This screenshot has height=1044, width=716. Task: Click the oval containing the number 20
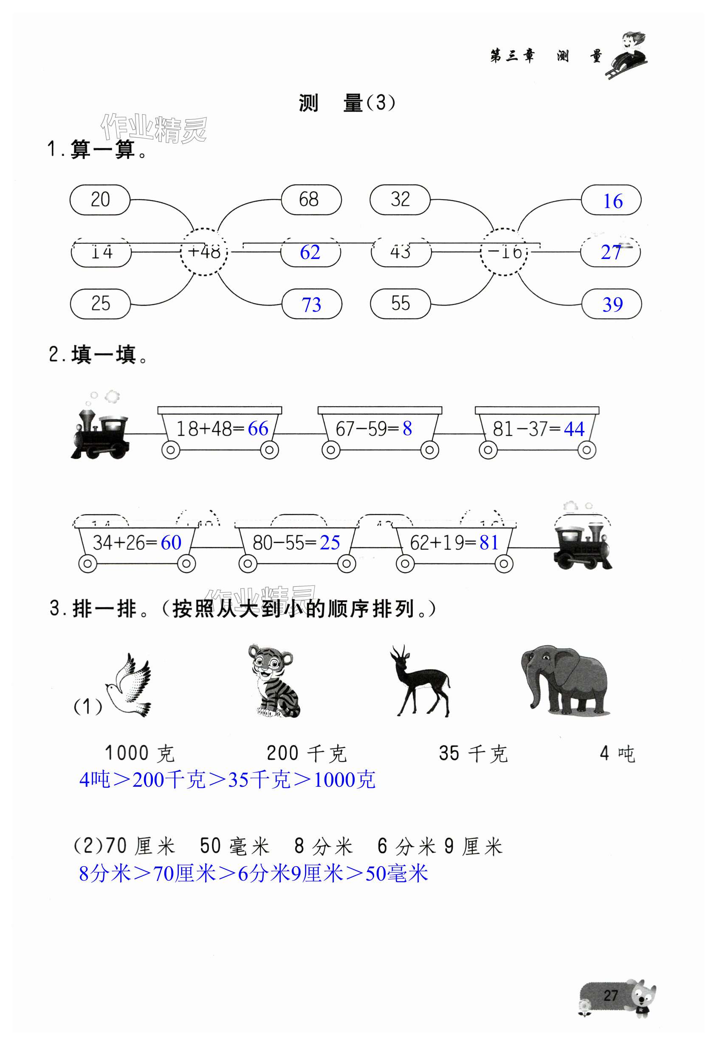tap(100, 200)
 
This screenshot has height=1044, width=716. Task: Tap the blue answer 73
tap(311, 304)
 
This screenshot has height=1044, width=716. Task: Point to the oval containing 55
tap(400, 304)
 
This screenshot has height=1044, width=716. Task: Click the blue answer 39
tap(612, 304)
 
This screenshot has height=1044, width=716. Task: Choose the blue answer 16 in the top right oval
tap(612, 201)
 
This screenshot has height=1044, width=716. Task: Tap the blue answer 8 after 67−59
tap(407, 428)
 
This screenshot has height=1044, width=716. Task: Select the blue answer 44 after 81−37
tap(574, 429)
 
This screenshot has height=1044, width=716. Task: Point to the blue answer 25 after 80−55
tap(330, 543)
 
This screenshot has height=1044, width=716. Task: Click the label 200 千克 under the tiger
tap(307, 753)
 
